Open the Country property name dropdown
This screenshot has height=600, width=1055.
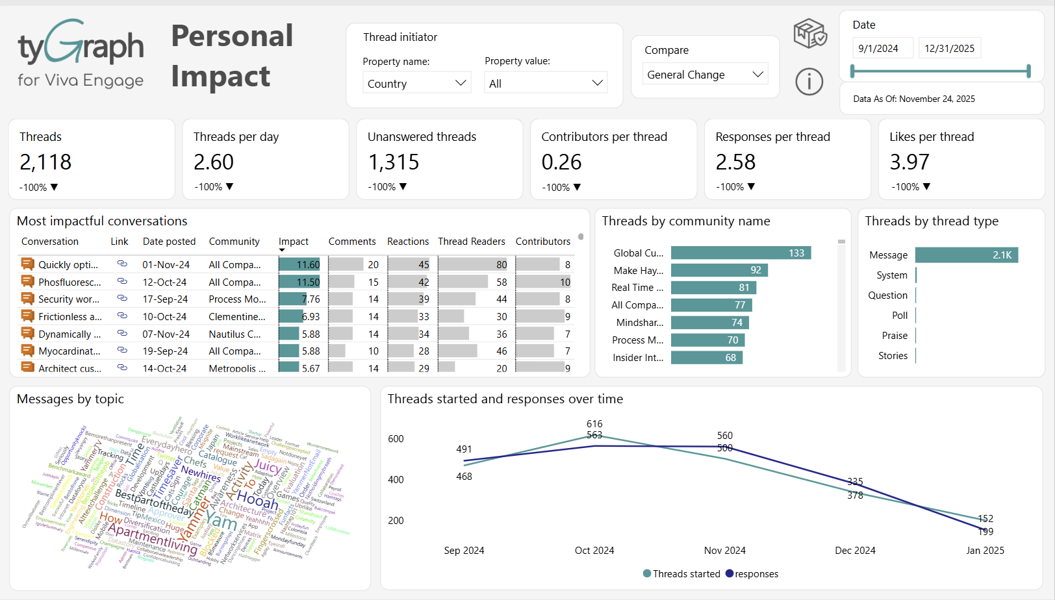[416, 83]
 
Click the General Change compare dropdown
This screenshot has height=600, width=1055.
[705, 75]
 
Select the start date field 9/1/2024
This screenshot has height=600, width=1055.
[878, 49]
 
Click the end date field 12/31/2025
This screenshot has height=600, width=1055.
[949, 49]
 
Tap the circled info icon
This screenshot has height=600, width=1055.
[809, 82]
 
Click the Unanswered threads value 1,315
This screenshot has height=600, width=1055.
[394, 162]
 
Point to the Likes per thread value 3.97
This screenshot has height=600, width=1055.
[909, 162]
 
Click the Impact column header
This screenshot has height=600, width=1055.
[294, 242]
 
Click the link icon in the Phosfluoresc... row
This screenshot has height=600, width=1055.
[121, 282]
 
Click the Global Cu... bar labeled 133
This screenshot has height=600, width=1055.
[741, 253]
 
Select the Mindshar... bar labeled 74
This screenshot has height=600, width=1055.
[709, 323]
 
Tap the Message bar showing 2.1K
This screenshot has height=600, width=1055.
[966, 255]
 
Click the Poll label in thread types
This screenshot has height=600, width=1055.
[899, 316]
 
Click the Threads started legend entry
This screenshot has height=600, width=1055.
[681, 574]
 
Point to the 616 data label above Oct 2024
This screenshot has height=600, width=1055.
[594, 424]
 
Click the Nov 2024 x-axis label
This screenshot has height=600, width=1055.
[724, 551]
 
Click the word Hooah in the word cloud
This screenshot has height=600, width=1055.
[257, 499]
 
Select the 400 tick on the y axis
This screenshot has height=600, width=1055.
[396, 480]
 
